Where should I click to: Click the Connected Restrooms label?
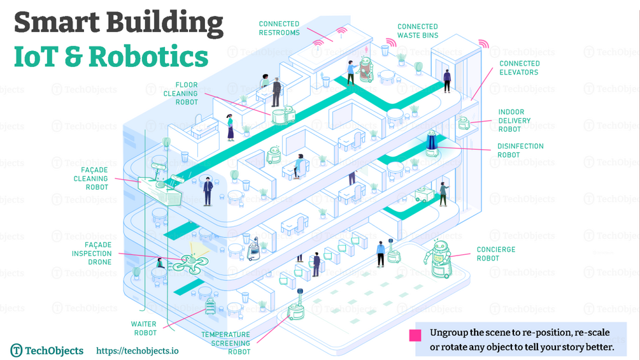(x=279, y=28)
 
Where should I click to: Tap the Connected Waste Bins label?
(x=418, y=31)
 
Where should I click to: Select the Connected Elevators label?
(x=519, y=68)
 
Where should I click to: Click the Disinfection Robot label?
(x=520, y=150)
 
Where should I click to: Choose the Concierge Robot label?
(x=496, y=254)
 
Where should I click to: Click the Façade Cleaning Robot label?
(x=90, y=178)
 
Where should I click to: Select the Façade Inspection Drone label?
(x=92, y=253)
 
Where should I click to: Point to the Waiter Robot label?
(x=143, y=328)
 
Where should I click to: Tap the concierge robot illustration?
(x=439, y=258)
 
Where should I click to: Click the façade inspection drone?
(x=190, y=261)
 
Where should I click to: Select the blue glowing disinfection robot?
(x=432, y=143)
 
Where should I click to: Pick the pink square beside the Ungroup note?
(x=415, y=336)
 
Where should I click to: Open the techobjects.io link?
(x=137, y=350)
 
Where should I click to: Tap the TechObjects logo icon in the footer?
(x=17, y=350)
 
